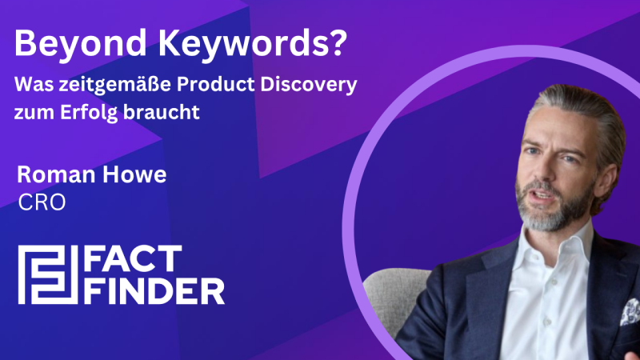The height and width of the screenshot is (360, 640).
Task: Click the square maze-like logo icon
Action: (46, 275)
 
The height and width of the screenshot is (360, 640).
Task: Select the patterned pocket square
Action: (630, 312)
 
